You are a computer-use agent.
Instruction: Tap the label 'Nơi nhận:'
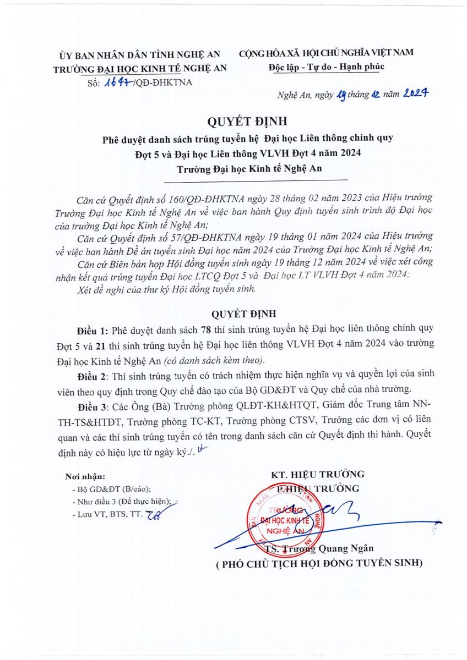pyautogui.click(x=85, y=476)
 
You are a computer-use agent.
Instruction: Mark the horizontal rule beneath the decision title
pyautogui.click(x=256, y=180)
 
